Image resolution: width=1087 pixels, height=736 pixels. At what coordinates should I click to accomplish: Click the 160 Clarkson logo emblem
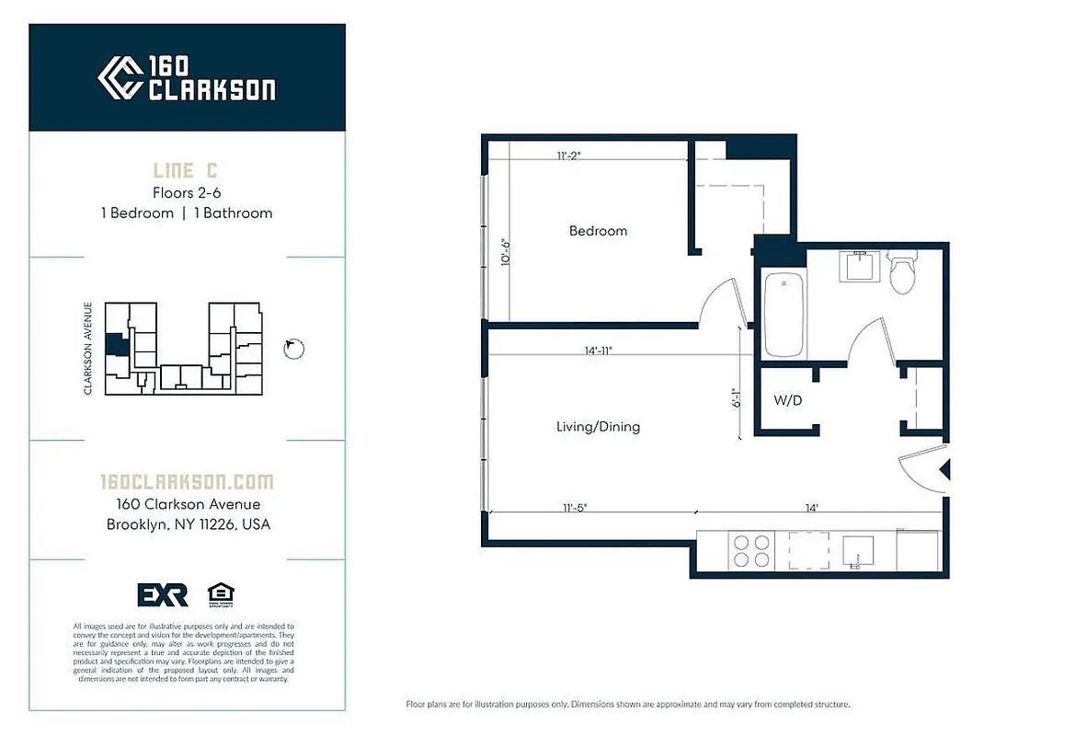click(x=120, y=77)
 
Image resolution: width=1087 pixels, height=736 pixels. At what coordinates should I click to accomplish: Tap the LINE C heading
click(x=187, y=170)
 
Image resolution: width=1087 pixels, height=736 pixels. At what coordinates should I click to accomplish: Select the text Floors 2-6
click(x=187, y=192)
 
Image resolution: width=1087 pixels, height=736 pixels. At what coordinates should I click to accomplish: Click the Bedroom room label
click(x=598, y=231)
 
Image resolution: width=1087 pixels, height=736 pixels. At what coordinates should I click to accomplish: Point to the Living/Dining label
click(x=598, y=427)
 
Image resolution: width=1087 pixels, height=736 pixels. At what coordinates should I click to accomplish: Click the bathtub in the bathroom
click(x=784, y=316)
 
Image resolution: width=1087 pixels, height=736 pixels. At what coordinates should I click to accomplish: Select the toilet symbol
click(x=902, y=273)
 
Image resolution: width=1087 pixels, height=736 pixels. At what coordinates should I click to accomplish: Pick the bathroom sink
click(x=859, y=267)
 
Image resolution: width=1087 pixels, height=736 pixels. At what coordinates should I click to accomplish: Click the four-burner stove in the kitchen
click(x=750, y=550)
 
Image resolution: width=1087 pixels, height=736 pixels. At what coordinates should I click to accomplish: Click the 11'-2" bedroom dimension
click(x=568, y=155)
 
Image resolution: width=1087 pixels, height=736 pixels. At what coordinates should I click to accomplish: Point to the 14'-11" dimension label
click(x=596, y=351)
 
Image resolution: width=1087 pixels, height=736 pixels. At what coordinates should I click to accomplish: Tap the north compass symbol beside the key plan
click(x=293, y=349)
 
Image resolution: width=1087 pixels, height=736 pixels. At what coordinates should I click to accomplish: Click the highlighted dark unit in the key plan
click(x=115, y=345)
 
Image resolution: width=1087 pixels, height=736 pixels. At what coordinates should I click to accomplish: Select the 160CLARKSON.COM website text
click(x=187, y=482)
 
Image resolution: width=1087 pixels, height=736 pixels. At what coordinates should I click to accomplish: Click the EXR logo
click(x=163, y=595)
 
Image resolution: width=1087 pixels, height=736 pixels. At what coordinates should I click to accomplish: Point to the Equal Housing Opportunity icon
click(x=220, y=595)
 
